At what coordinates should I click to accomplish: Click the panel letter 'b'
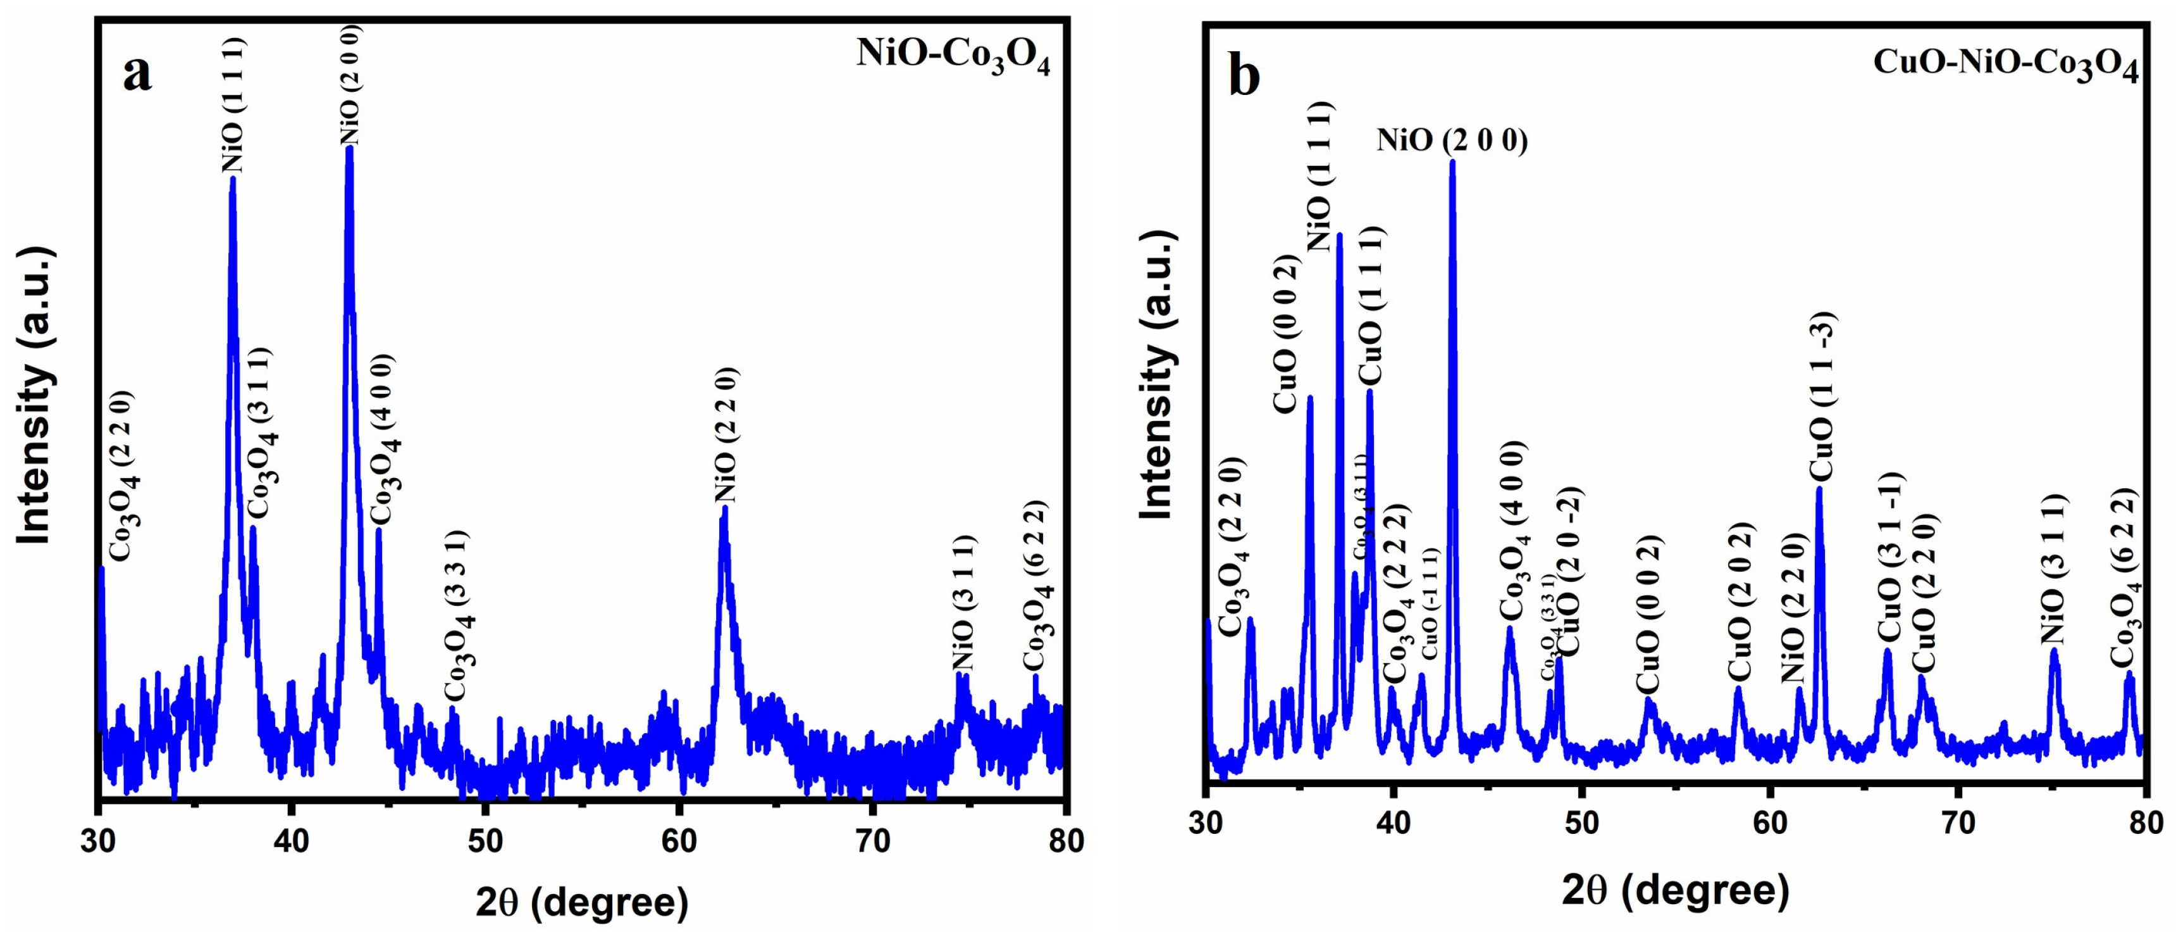pos(1244,77)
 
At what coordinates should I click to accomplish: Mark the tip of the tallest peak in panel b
pos(1452,162)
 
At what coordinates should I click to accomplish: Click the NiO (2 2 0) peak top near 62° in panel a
pos(724,510)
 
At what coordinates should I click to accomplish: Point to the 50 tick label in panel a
pos(485,841)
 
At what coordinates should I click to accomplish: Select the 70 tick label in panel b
pos(1958,822)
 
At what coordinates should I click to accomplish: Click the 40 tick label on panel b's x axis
pos(1394,822)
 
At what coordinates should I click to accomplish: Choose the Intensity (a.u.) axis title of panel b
pos(1156,375)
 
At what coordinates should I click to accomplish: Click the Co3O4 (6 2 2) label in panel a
pos(1037,585)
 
